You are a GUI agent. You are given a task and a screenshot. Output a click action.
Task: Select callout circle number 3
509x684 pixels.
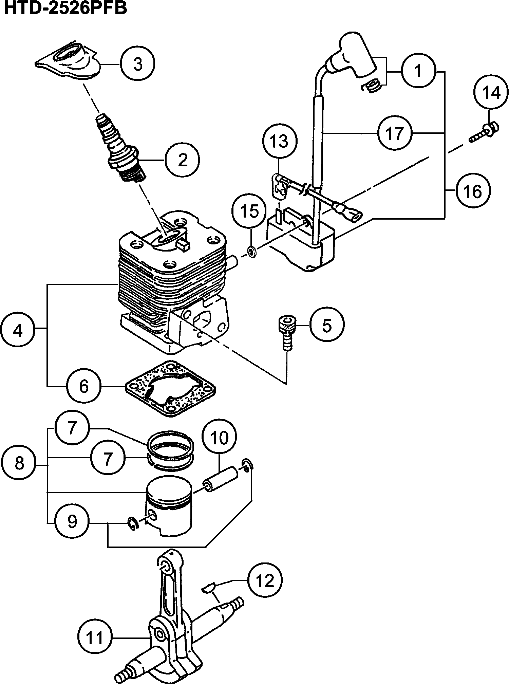pos(137,64)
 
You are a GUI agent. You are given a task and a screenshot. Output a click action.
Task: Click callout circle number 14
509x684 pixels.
pos(491,93)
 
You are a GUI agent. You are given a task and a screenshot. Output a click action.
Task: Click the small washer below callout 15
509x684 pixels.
pos(252,252)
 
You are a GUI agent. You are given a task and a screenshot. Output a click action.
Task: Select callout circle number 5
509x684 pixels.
pos(326,325)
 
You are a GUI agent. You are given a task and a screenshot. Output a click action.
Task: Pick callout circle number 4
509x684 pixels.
pos(18,330)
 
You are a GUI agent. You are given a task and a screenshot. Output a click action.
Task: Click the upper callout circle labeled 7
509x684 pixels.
pos(72,427)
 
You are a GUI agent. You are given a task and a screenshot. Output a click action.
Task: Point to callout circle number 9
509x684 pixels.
pos(72,522)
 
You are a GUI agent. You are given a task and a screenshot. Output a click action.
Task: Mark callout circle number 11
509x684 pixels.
pos(95,637)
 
